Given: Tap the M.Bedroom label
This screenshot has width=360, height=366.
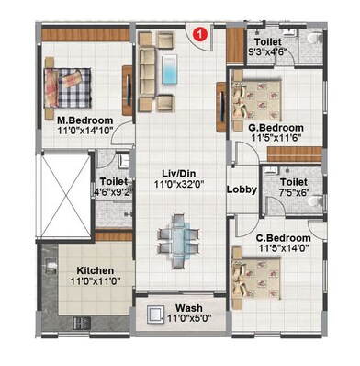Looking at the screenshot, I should coord(84,120).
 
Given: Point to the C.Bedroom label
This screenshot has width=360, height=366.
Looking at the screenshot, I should coord(283,238).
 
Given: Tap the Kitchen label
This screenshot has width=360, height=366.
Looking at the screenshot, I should coord(95,270).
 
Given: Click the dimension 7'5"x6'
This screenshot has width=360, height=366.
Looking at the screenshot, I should coord(288,194).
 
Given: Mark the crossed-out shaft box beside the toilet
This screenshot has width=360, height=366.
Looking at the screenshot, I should coord(64,189).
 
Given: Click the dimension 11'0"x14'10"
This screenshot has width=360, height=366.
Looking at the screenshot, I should coord(84,132).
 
